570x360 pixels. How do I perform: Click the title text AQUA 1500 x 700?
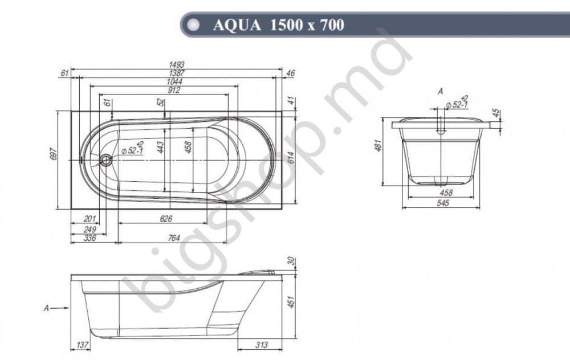(x=278, y=25)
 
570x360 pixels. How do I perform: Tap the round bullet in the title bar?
(x=194, y=25)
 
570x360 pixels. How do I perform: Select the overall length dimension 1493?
(x=176, y=65)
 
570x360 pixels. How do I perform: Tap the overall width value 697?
(x=54, y=153)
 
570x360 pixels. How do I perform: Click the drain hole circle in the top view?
(x=106, y=160)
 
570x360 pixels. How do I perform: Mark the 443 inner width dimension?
(x=160, y=148)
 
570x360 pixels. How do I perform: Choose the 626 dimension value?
(x=166, y=219)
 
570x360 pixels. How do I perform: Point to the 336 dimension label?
(x=89, y=238)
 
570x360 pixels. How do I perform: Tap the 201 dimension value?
(x=89, y=219)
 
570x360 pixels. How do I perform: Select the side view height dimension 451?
(x=291, y=302)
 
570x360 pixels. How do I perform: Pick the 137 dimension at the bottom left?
(x=83, y=346)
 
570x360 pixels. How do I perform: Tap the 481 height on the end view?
(x=377, y=146)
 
